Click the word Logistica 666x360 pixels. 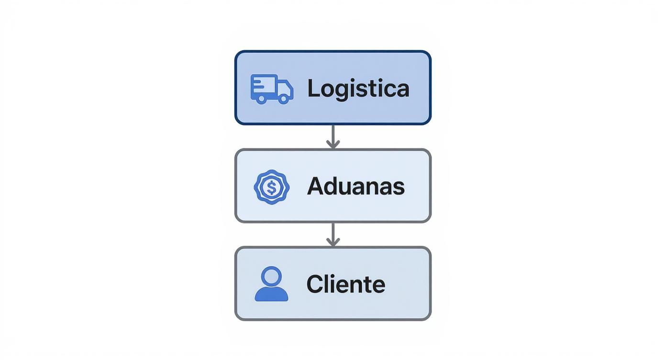[358, 89]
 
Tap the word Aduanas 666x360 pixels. [355, 186]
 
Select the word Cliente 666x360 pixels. [345, 284]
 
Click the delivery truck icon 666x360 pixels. [272, 89]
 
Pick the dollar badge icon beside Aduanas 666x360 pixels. [272, 187]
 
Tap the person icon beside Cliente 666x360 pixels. [271, 284]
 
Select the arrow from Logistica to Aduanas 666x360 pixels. [333, 137]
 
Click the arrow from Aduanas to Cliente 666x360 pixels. [333, 235]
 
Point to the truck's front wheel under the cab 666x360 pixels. [284, 99]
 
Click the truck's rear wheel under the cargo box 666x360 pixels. [261, 99]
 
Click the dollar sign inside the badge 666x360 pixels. [272, 187]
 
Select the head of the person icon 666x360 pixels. [271, 276]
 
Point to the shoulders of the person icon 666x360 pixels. [271, 294]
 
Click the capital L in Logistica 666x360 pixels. [313, 89]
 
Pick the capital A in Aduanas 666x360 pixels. [316, 186]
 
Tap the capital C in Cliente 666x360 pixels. [316, 284]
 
